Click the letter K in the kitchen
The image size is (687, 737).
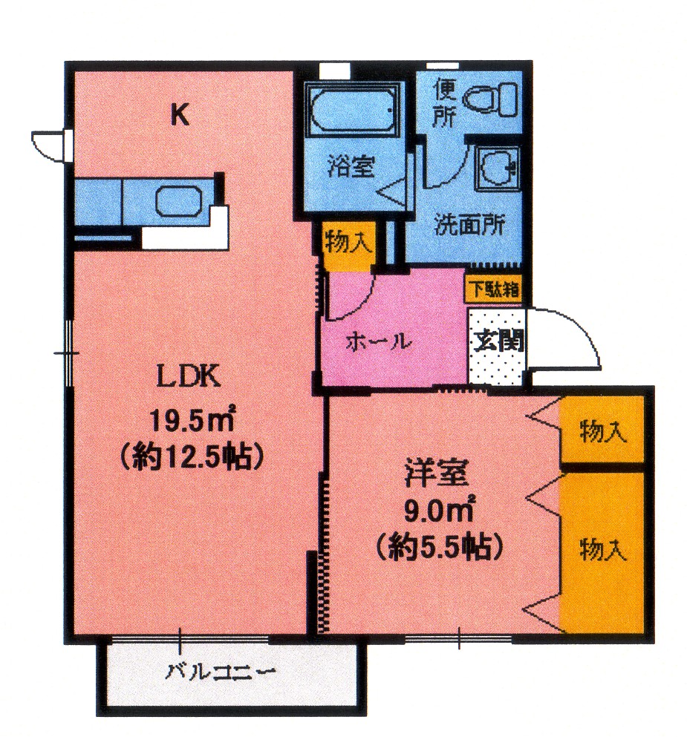180,114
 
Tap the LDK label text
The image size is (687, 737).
189,376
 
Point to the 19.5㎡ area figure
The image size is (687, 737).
192,419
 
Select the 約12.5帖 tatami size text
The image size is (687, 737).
192,456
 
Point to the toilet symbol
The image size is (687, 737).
489,99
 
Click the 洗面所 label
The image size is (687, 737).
469,225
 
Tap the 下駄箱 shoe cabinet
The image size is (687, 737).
494,289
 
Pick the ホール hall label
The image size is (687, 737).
379,341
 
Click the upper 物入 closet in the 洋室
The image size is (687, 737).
602,429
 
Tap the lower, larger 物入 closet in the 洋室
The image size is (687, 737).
602,553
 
